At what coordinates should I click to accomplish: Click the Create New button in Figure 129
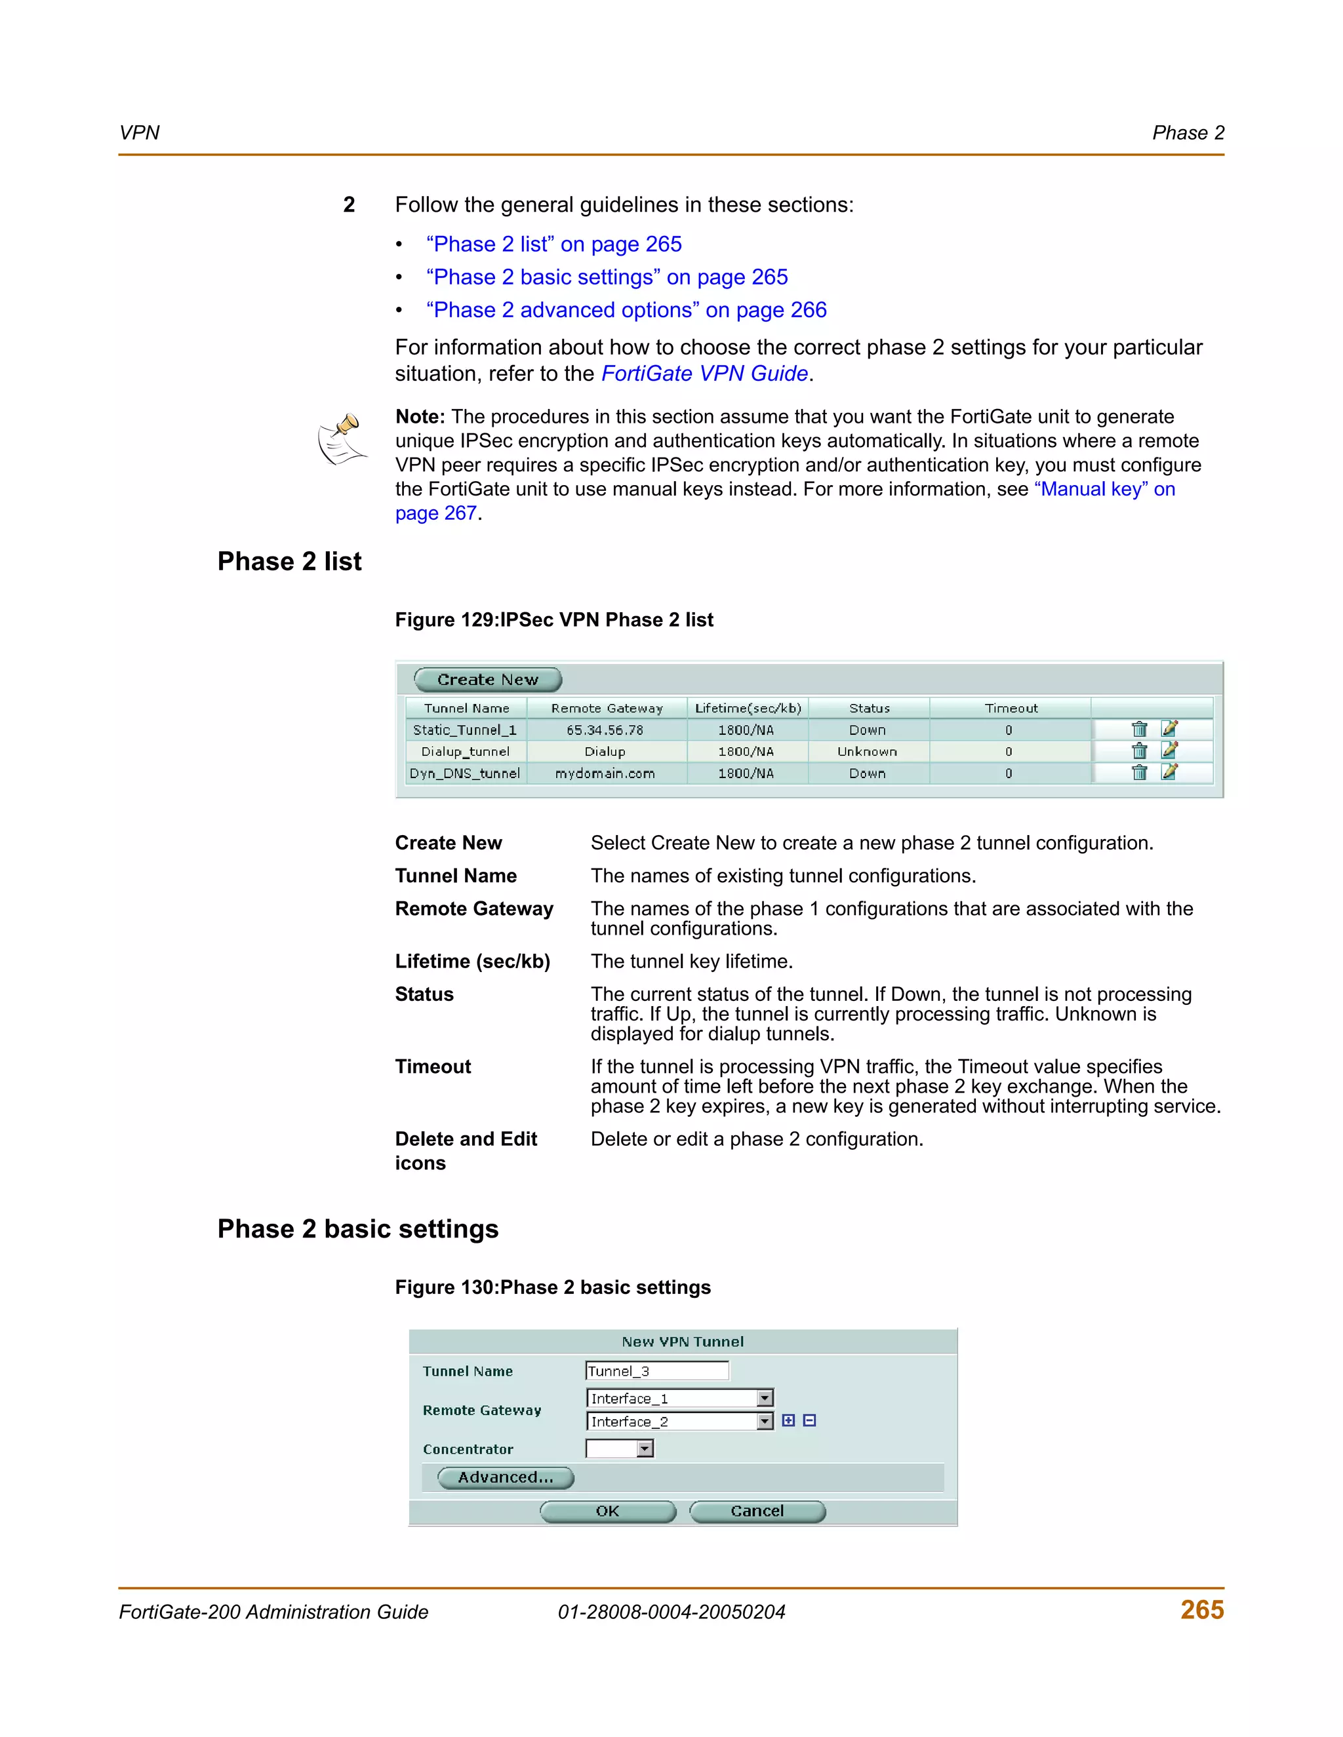tap(488, 680)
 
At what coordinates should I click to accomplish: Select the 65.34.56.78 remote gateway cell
tap(605, 730)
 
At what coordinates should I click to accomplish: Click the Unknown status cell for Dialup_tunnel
tap(867, 752)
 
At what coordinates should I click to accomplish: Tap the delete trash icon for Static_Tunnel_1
tap(1139, 730)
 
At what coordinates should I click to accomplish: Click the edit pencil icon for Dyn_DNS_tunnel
tap(1169, 772)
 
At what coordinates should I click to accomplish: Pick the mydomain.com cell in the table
tap(605, 773)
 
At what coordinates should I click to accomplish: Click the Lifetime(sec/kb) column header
tap(748, 708)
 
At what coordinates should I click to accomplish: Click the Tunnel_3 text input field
tap(656, 1371)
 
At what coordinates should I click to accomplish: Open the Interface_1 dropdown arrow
tap(765, 1398)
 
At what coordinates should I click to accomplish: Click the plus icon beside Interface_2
tap(788, 1420)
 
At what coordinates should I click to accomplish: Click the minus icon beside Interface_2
tap(809, 1420)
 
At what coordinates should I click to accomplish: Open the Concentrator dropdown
tap(645, 1449)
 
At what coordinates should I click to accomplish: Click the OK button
tap(608, 1511)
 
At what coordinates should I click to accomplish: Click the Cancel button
tap(757, 1511)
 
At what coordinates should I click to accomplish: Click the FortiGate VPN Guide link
tap(704, 374)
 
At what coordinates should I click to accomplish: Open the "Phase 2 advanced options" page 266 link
tap(626, 310)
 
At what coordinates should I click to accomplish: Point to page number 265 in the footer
tap(1201, 1610)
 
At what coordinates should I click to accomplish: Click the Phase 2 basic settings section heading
tap(358, 1229)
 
